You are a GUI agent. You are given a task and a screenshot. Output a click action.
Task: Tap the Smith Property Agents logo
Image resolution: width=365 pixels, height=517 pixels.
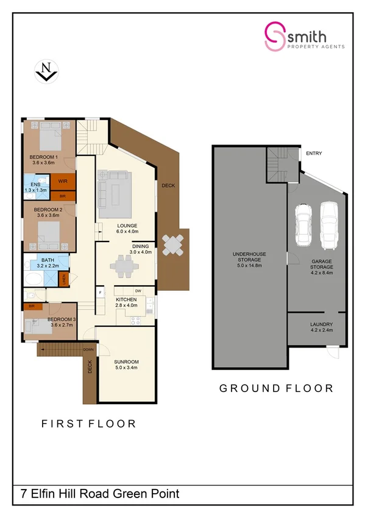click(x=304, y=36)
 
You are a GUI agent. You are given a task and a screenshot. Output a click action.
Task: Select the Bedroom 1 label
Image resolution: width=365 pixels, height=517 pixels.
click(x=43, y=160)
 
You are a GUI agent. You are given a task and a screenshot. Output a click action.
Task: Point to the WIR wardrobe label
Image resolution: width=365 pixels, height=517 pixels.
click(x=62, y=181)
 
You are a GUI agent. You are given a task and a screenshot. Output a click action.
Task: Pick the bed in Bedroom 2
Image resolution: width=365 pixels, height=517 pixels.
click(x=49, y=232)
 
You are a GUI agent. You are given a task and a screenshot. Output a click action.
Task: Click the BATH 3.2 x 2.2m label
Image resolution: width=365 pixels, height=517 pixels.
click(x=48, y=263)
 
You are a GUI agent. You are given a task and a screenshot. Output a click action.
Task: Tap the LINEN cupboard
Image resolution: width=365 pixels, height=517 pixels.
click(x=64, y=279)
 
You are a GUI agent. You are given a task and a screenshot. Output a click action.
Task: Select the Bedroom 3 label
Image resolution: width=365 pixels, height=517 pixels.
click(x=60, y=322)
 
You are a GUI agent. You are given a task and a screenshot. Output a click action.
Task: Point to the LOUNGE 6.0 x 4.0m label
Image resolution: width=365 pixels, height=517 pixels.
click(x=128, y=228)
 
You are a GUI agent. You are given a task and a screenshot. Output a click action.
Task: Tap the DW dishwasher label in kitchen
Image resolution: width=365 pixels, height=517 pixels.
click(x=138, y=291)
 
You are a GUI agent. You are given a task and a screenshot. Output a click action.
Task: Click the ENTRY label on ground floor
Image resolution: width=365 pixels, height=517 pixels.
click(x=314, y=153)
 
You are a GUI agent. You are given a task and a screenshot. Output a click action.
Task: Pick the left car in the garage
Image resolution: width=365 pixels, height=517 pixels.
click(x=303, y=226)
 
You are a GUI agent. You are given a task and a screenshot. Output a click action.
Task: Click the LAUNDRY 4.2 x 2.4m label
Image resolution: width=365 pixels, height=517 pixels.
click(x=321, y=327)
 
